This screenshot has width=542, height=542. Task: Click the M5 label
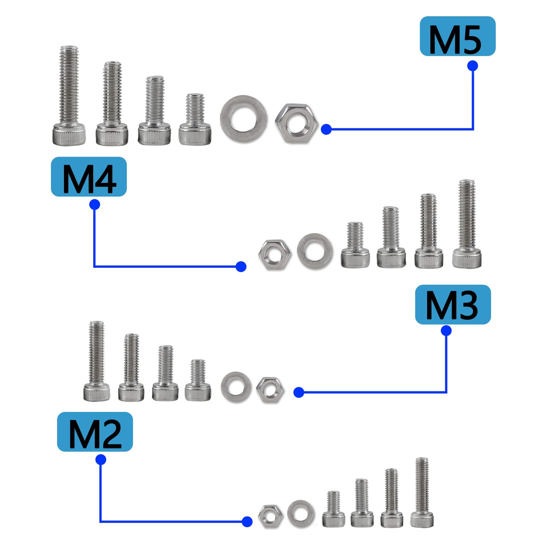point(457,36)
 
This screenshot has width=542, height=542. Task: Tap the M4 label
point(88,177)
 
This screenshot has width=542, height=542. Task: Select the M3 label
point(453,305)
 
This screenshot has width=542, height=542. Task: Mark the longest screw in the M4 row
point(467,224)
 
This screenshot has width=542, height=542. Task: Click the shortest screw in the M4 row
point(355,246)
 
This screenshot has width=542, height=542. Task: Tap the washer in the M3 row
point(236,386)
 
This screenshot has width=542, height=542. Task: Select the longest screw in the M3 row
point(96,362)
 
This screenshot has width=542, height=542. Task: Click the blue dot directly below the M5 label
point(472,65)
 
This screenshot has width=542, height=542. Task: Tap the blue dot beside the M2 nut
point(247,521)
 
